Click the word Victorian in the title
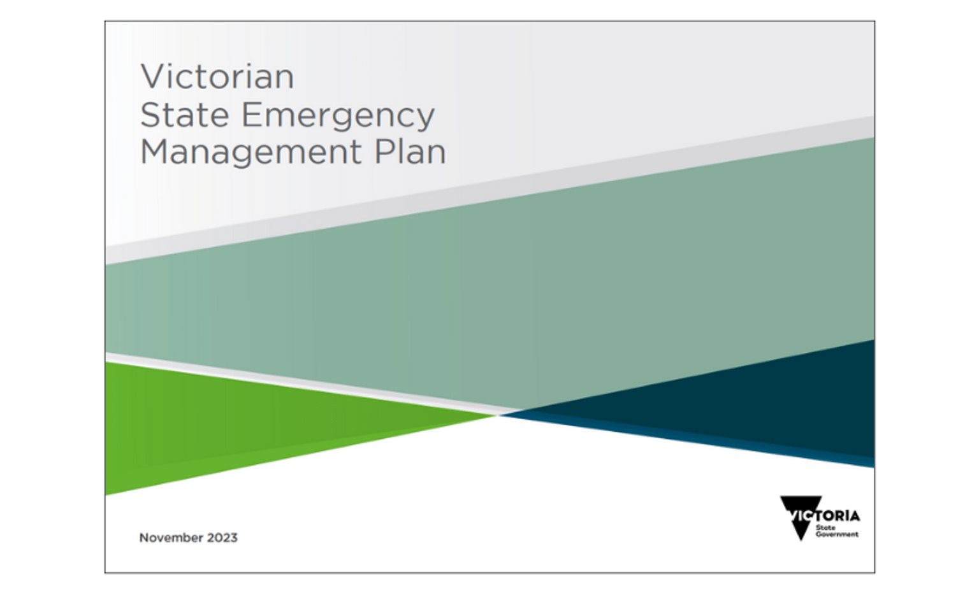coord(217,77)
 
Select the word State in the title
coord(184,115)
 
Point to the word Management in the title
coord(250,154)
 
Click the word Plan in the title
coord(410,152)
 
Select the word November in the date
coord(171,538)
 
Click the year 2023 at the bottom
coord(222,538)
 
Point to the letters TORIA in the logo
coord(838,515)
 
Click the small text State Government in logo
coord(836,531)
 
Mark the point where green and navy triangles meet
coord(498,415)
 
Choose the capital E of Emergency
coord(252,115)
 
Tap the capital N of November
coord(144,538)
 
